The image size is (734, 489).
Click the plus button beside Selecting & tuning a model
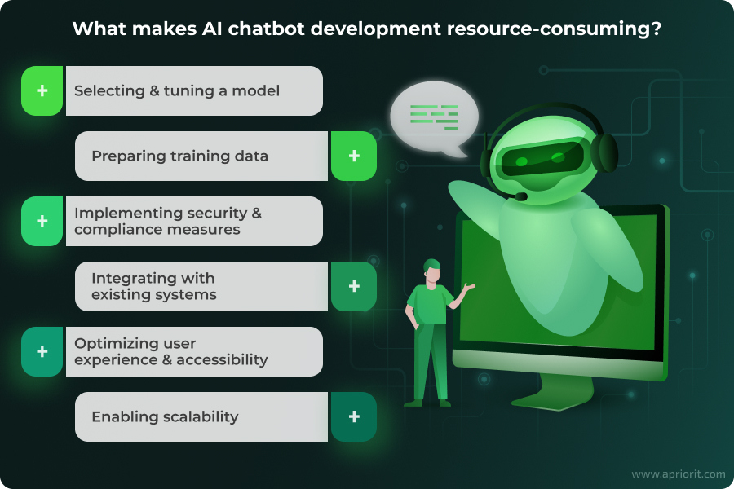42,90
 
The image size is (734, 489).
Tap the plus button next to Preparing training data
354,156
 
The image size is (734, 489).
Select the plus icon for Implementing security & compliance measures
42,221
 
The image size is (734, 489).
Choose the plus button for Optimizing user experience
42,351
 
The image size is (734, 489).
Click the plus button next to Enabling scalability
354,416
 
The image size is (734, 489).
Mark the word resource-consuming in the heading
555,30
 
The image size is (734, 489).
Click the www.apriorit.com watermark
679,474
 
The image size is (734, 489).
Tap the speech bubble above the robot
434,118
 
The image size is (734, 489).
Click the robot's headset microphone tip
520,196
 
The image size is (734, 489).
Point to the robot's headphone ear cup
605,152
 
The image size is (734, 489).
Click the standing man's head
432,271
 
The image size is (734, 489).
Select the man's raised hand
468,286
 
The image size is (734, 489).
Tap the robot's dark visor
542,160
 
